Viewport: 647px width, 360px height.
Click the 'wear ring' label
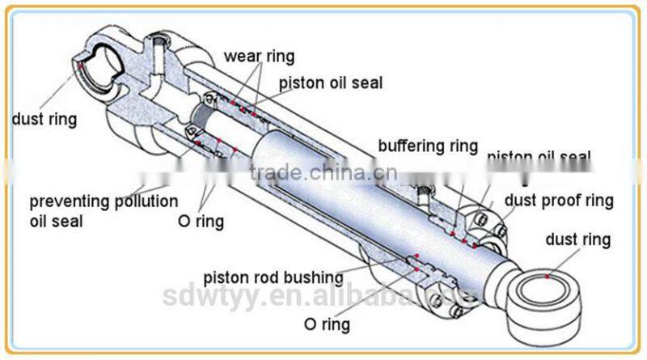259,57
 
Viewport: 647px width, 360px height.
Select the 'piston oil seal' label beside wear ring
331,82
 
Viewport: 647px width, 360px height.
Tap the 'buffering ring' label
428,146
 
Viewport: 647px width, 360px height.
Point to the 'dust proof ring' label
559,200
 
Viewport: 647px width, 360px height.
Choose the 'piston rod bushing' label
273,277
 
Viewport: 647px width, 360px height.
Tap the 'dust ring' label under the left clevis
44,120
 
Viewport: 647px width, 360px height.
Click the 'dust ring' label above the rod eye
578,239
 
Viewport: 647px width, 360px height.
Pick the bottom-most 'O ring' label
326,324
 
